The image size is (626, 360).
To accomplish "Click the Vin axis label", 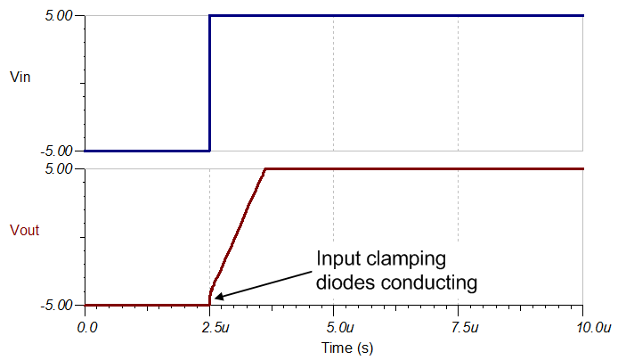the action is click(20, 77).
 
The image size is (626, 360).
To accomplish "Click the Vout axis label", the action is click(24, 230).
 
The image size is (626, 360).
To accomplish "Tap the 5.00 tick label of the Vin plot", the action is click(58, 16).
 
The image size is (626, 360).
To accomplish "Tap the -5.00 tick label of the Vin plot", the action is click(56, 151).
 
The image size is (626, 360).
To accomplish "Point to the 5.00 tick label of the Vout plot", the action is click(58, 169).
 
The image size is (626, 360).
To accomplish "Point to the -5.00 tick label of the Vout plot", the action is click(56, 306).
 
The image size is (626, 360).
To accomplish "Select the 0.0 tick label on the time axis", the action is click(87, 328).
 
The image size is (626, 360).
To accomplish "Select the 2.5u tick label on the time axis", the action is click(215, 328).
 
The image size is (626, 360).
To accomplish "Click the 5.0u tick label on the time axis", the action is click(340, 328).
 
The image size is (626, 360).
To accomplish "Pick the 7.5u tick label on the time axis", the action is click(465, 328).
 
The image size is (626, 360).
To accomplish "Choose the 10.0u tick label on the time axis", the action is click(594, 328).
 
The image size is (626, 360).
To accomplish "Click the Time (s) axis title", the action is click(347, 348).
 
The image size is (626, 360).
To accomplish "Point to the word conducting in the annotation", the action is click(429, 283).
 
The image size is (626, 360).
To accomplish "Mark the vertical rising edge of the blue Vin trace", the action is click(209, 83).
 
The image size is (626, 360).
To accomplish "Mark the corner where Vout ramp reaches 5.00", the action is click(265, 169).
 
